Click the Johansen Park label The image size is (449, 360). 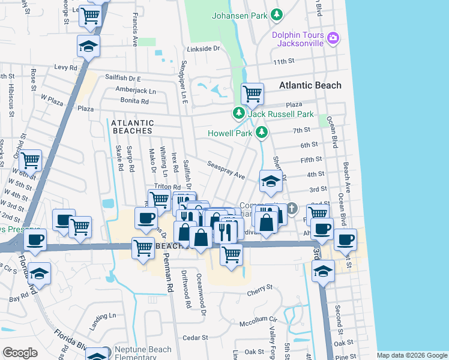coord(239,16)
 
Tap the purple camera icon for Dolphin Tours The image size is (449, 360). coord(333,40)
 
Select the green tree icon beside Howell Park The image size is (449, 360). coord(261,132)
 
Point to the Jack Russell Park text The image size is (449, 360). coord(280,114)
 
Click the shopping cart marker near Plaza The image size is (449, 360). coord(252,94)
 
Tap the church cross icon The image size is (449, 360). coord(292,208)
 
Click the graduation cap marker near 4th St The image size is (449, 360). coord(271,181)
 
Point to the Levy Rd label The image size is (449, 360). coord(66,67)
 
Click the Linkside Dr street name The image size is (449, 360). coord(203,48)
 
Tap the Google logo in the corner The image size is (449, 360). coord(20,352)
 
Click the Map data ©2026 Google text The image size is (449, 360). coord(411,355)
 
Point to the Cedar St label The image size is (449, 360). coord(194,337)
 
